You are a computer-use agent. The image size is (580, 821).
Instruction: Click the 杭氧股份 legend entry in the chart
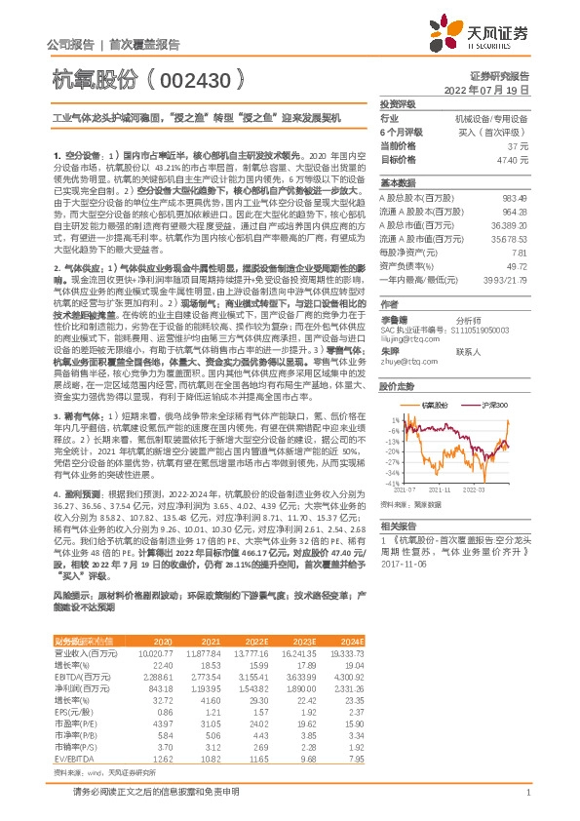pos(435,402)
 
